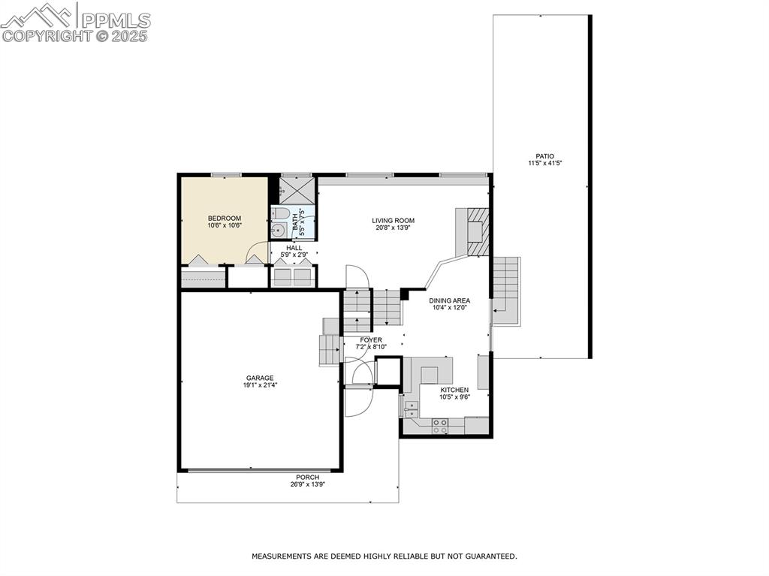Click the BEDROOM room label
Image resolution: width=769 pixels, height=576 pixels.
point(225,218)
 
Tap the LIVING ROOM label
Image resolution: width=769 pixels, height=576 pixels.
point(393,221)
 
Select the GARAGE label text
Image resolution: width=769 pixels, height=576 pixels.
point(260,378)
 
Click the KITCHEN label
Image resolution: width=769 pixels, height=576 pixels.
point(454,390)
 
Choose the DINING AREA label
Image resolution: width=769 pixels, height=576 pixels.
point(450,300)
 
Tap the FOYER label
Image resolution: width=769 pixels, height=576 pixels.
point(371,339)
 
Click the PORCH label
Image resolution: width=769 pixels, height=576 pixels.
point(307,477)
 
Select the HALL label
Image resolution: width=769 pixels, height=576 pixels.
point(294,248)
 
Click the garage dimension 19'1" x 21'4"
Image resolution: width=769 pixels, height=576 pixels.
point(260,385)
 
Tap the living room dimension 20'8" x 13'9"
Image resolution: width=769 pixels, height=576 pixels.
point(393,228)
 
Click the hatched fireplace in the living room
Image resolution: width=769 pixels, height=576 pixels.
point(478,225)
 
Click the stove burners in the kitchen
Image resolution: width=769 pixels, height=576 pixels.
point(440,426)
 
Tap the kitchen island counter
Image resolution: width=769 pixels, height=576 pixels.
point(431,373)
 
